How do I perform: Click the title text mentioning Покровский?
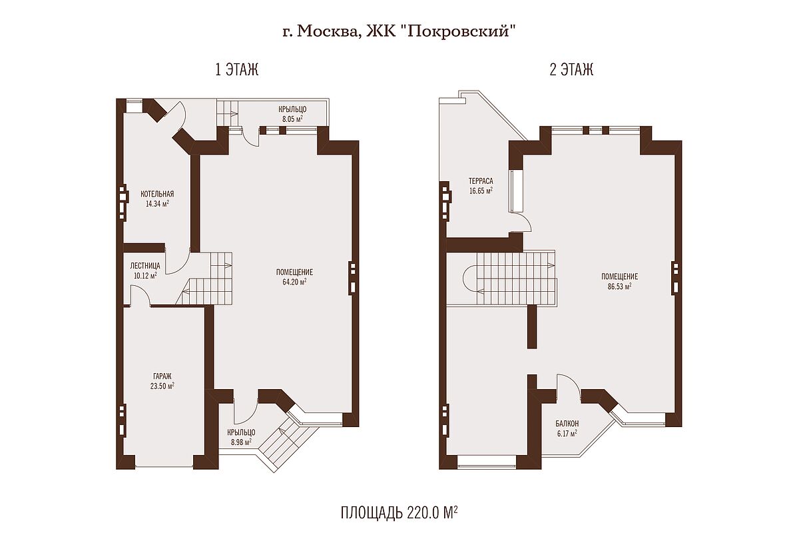pyautogui.click(x=399, y=32)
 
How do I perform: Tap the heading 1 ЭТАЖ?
pyautogui.click(x=237, y=69)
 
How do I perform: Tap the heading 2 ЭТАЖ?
pyautogui.click(x=571, y=69)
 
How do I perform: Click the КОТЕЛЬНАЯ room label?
pyautogui.click(x=157, y=194)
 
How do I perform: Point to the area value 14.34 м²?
pyautogui.click(x=157, y=204)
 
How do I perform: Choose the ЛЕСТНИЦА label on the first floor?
pyautogui.click(x=145, y=266)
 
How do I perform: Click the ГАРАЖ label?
pyautogui.click(x=162, y=376)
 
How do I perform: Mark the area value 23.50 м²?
pyautogui.click(x=162, y=386)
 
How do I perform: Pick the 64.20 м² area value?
pyautogui.click(x=294, y=282)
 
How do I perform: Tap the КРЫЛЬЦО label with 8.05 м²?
pyautogui.click(x=292, y=110)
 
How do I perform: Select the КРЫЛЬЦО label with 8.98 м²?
pyautogui.click(x=241, y=432)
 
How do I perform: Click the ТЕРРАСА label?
pyautogui.click(x=481, y=181)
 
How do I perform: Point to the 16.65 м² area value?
pyautogui.click(x=481, y=191)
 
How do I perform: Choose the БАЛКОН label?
pyautogui.click(x=567, y=424)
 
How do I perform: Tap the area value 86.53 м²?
pyautogui.click(x=620, y=286)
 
